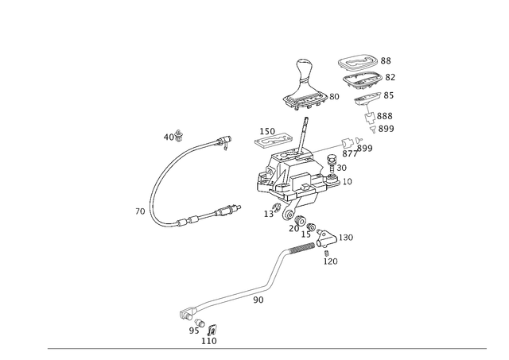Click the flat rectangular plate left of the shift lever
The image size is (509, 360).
click(x=270, y=139)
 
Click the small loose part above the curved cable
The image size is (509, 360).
click(x=173, y=134)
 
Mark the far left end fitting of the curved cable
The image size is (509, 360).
click(x=141, y=211)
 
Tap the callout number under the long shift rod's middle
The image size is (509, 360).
click(x=256, y=300)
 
